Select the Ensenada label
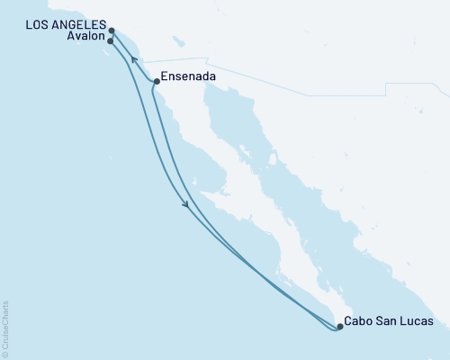[x=189, y=78]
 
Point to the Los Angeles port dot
[x=112, y=30]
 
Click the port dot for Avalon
[x=110, y=40]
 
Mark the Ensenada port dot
[x=157, y=82]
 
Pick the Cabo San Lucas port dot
[x=339, y=326]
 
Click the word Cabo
[x=364, y=321]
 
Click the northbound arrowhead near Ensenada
[x=134, y=59]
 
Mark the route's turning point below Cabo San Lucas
[x=335, y=330]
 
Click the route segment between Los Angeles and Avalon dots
[x=111, y=35]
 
